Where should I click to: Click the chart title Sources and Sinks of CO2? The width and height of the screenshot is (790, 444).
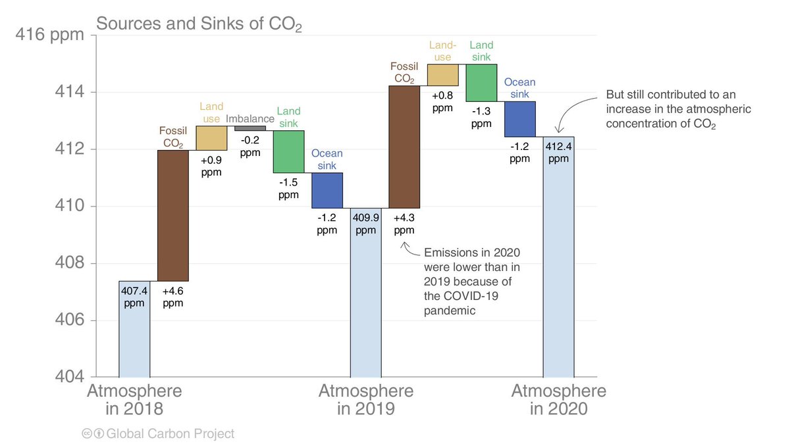pyautogui.click(x=199, y=24)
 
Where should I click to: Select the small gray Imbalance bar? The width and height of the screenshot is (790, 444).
pyautogui.click(x=250, y=128)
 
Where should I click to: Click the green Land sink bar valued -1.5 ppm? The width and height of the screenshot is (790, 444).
pyautogui.click(x=288, y=151)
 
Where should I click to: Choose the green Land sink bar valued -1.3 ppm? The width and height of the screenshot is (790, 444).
pyautogui.click(x=481, y=82)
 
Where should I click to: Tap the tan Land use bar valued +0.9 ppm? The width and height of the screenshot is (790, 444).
pyautogui.click(x=211, y=138)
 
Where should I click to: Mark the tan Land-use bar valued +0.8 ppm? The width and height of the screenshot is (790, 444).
pyautogui.click(x=442, y=74)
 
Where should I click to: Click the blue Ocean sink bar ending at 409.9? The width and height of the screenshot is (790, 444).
pyautogui.click(x=327, y=190)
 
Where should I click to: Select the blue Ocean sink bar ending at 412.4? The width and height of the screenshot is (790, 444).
pyautogui.click(x=519, y=119)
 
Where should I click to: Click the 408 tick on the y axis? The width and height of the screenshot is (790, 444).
pyautogui.click(x=68, y=263)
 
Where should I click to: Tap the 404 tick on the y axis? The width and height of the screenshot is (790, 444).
pyautogui.click(x=68, y=378)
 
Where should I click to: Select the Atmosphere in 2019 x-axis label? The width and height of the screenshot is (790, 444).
pyautogui.click(x=366, y=399)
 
